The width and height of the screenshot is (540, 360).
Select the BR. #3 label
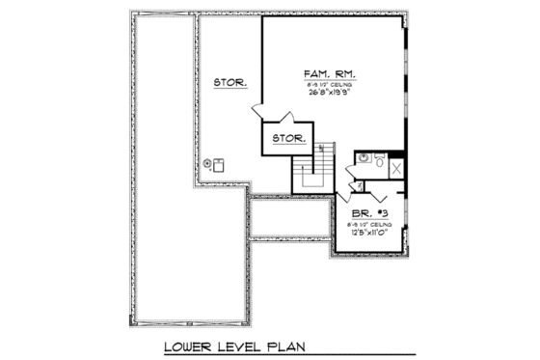(x=364, y=211)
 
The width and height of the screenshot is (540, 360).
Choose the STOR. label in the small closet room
(x=287, y=139)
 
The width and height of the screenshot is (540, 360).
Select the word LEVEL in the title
(x=237, y=345)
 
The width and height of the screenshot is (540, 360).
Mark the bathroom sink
(x=364, y=157)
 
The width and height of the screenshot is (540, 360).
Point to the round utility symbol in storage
(x=206, y=163)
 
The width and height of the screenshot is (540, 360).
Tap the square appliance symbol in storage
(x=219, y=162)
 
